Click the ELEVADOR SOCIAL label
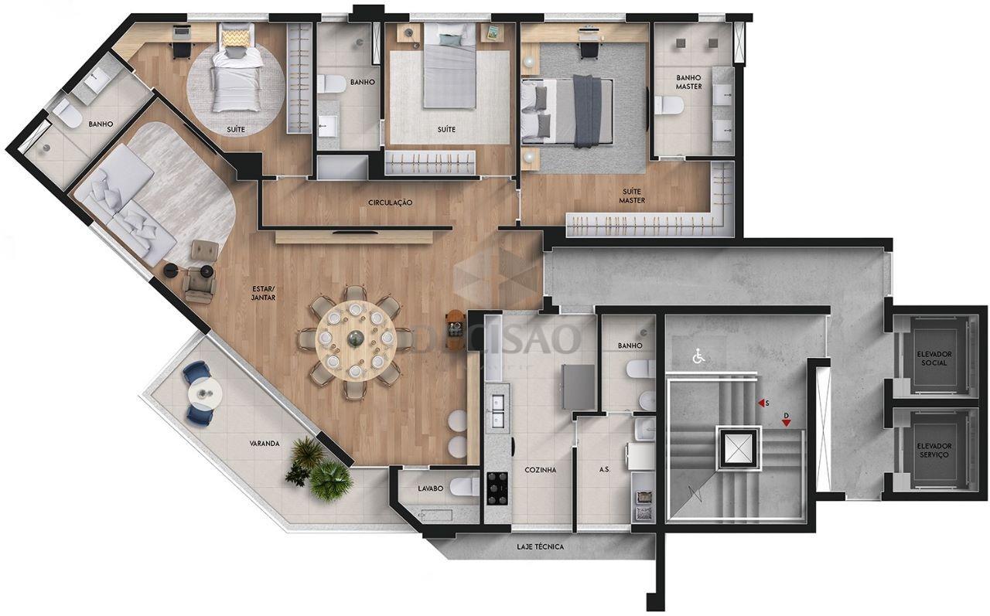[934, 358]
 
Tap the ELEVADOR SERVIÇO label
[934, 451]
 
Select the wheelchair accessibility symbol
[698, 356]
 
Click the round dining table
[355, 338]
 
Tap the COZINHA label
[541, 469]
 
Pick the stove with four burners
[497, 488]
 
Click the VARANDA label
[265, 444]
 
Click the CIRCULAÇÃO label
[390, 202]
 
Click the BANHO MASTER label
[688, 82]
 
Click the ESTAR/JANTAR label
[263, 292]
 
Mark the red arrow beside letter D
[786, 423]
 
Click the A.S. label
[604, 469]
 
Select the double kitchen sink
[497, 412]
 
